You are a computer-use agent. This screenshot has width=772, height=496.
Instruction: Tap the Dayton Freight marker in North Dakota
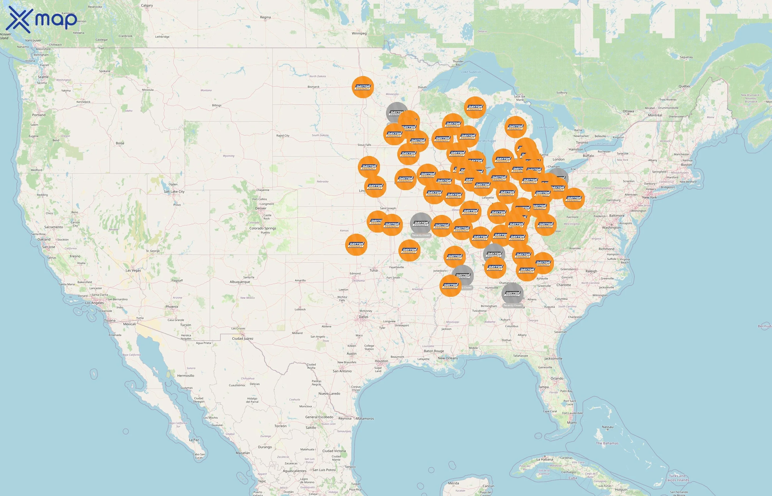(x=363, y=87)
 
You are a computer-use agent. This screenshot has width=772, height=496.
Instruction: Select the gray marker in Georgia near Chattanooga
(x=512, y=294)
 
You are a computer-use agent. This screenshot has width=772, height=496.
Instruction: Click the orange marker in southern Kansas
(x=356, y=245)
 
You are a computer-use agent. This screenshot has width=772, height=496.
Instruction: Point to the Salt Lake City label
(x=174, y=192)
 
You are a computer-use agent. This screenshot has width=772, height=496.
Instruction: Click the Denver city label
(x=261, y=208)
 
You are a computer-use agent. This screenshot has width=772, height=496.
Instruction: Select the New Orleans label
(x=447, y=358)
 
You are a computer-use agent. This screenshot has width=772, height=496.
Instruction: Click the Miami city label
(x=572, y=423)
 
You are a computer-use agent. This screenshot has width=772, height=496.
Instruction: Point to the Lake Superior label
(x=471, y=72)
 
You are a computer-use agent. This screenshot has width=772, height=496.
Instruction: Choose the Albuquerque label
(x=240, y=282)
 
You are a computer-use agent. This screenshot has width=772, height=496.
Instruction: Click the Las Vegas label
(x=133, y=271)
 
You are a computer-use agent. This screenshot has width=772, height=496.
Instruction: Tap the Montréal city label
(x=655, y=115)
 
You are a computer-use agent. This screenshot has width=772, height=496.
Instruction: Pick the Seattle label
(x=43, y=77)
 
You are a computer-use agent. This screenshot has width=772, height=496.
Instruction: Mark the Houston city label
(x=382, y=361)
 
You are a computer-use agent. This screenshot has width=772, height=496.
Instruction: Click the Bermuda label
(x=764, y=326)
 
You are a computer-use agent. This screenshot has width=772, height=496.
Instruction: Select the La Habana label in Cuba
(x=545, y=459)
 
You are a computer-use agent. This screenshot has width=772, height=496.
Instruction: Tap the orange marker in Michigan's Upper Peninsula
(x=475, y=107)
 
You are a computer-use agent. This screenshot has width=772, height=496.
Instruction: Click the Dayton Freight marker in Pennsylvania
(x=573, y=199)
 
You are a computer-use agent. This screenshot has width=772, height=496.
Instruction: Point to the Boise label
(x=120, y=143)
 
